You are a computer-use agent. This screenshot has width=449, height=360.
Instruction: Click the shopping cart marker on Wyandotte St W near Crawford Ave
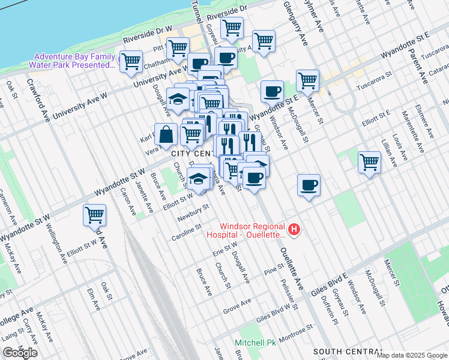point(95,215)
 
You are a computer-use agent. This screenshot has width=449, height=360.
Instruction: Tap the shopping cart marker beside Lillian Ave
point(369,161)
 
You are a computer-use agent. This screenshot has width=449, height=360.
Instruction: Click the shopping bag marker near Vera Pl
point(166,134)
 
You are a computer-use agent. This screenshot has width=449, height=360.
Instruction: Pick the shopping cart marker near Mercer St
point(307,79)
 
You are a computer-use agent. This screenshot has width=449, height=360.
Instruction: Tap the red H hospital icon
point(294,229)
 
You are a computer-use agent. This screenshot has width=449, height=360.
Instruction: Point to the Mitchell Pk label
point(255,343)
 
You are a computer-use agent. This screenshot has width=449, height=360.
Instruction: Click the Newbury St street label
point(192,211)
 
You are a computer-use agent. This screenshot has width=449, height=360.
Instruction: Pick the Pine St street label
point(273,272)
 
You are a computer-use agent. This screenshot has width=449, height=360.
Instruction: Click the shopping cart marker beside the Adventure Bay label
point(131,61)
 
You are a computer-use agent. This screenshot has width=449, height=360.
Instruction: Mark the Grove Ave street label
point(236,307)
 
